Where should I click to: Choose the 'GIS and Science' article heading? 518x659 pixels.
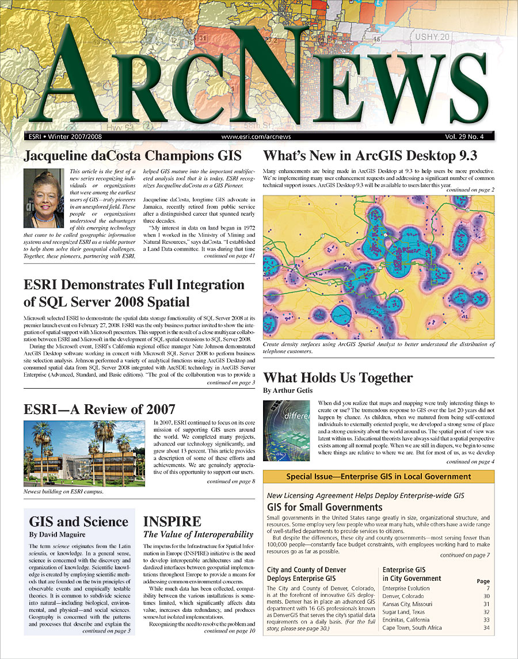(79, 522)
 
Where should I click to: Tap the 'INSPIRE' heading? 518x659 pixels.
(172, 522)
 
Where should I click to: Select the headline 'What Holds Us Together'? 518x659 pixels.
(338, 378)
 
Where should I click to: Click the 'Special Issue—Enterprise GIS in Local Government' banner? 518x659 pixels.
(378, 477)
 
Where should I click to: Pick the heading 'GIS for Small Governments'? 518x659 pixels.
(325, 507)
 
